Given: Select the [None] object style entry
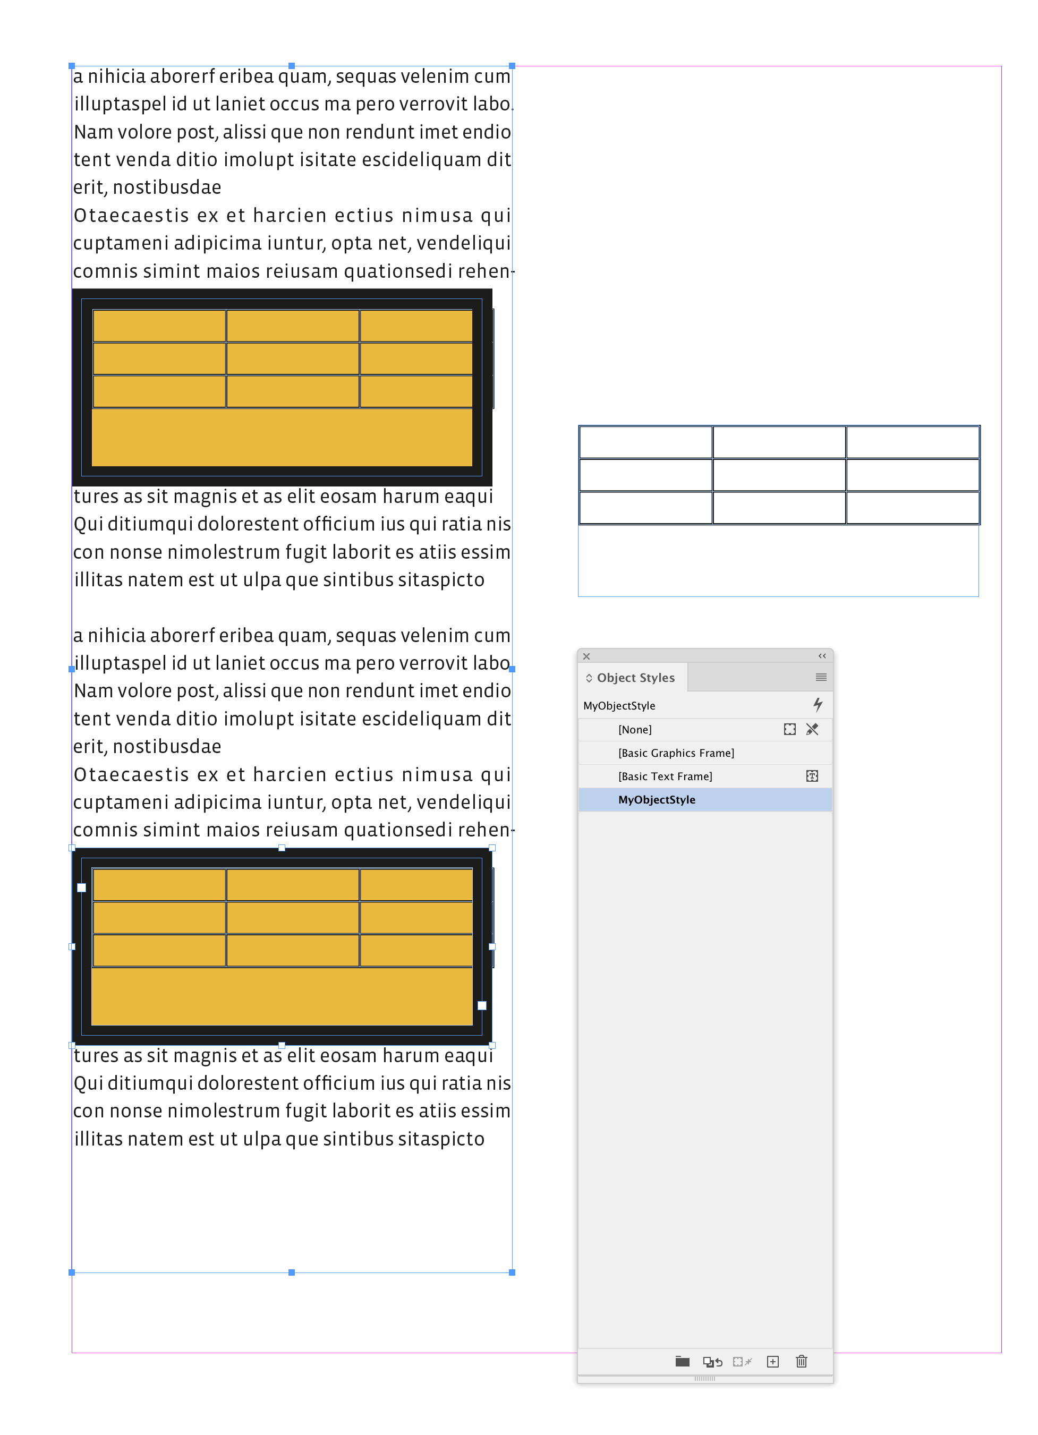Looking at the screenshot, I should (x=635, y=730).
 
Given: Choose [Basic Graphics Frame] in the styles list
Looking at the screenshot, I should (x=676, y=753).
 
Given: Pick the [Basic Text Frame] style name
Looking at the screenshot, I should (x=665, y=776).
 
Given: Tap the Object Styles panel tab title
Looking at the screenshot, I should (x=635, y=678).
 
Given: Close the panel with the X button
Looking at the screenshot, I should (x=586, y=656).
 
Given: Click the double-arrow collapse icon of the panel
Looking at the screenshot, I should (x=822, y=656).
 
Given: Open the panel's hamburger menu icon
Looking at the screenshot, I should (x=821, y=678).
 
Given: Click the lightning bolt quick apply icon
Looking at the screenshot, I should (x=818, y=704).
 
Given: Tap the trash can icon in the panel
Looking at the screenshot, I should (x=801, y=1362).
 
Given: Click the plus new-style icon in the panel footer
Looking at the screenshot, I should (x=773, y=1362).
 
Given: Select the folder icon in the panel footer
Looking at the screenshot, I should (x=682, y=1362).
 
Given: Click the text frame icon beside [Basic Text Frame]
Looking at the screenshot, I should (x=812, y=776).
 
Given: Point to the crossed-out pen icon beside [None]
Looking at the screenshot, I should (x=812, y=730).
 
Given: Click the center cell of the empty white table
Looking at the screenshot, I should (x=779, y=475).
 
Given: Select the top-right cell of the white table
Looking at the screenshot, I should (x=912, y=442).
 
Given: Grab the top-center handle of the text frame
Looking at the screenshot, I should (x=292, y=66).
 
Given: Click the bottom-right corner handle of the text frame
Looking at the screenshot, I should (x=512, y=1272).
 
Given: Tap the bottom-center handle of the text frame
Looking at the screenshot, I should (x=292, y=1272).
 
